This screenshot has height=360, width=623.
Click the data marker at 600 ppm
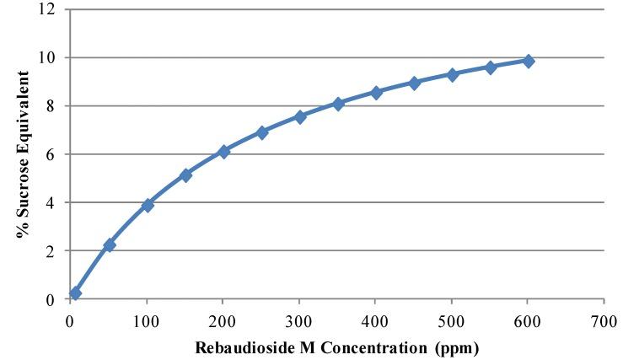tap(529, 61)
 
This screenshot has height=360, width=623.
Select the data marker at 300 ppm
tap(300, 116)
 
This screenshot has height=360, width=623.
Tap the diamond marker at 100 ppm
tap(148, 205)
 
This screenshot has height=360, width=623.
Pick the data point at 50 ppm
tap(109, 244)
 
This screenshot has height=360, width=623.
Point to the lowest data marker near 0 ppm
tap(76, 293)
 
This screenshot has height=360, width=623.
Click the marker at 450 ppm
tap(414, 83)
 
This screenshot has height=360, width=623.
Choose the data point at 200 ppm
tap(223, 152)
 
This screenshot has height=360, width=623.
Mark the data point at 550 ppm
tap(491, 67)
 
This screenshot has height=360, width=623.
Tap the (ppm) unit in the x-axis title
tap(460, 346)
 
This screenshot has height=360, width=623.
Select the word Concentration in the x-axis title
tap(366, 346)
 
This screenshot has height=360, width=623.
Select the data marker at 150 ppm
tap(185, 175)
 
